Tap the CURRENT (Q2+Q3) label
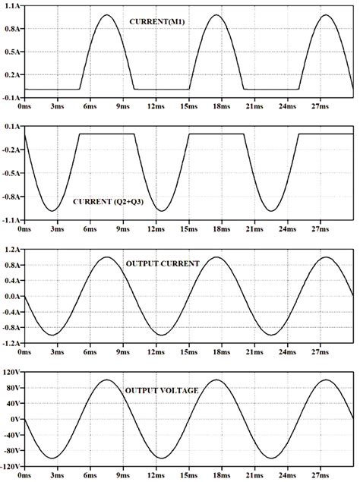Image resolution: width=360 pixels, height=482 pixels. pyautogui.click(x=111, y=203)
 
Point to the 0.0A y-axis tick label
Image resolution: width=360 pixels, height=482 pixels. pyautogui.click(x=12, y=296)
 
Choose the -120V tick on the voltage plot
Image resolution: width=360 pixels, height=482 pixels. pyautogui.click(x=9, y=466)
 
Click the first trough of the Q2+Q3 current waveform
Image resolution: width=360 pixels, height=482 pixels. pyautogui.click(x=52, y=210)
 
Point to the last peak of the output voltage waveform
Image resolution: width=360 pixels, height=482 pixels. pyautogui.click(x=327, y=380)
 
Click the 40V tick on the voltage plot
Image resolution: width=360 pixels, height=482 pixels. pyautogui.click(x=12, y=403)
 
